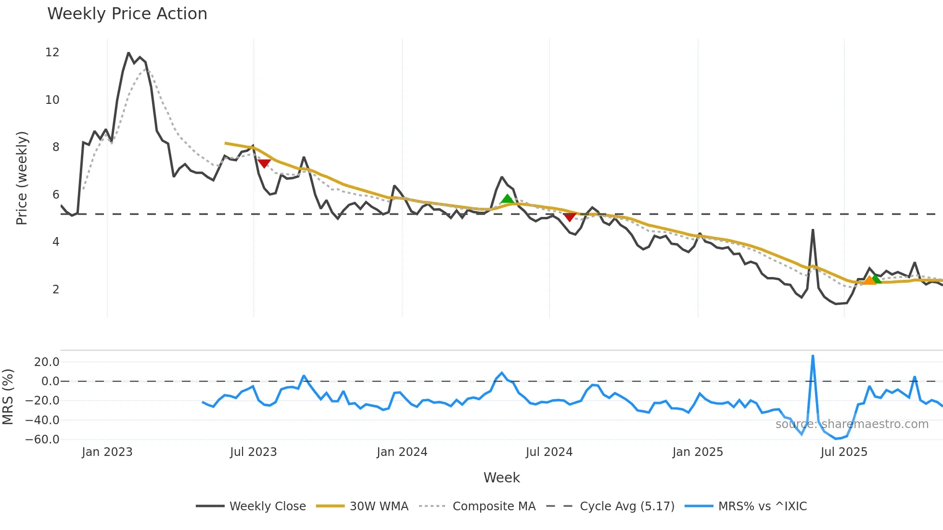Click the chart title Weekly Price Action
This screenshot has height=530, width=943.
[127, 14]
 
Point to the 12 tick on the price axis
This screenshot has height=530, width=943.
[52, 52]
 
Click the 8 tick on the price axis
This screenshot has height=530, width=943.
[56, 147]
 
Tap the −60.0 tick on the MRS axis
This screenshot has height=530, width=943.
[43, 440]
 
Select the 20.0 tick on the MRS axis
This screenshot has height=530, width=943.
[47, 362]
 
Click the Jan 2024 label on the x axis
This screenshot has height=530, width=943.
[402, 452]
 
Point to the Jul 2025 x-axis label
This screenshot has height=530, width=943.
[844, 452]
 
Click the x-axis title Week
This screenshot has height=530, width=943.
[501, 478]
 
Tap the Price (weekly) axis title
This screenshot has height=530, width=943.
[22, 178]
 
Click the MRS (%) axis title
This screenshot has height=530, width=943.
[8, 397]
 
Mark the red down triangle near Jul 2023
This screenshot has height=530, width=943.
[264, 164]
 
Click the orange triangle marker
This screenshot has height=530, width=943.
[869, 280]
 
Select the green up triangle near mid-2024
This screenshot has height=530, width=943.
[507, 199]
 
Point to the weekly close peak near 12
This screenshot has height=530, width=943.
[128, 53]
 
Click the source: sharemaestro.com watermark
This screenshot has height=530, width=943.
[852, 424]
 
